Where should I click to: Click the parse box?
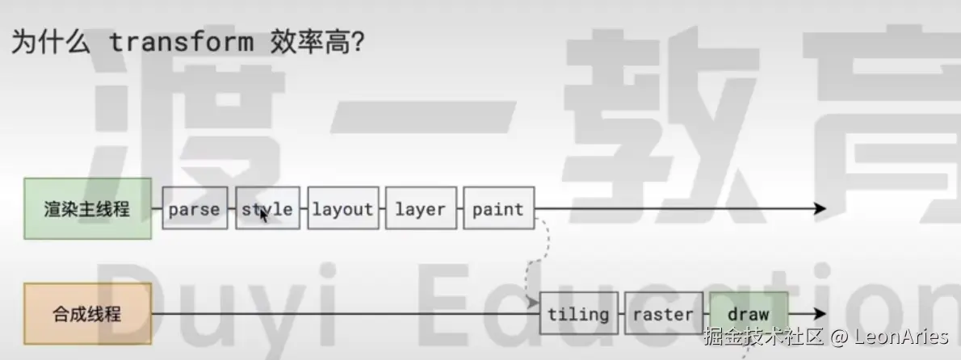(x=195, y=209)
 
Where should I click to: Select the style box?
(x=267, y=209)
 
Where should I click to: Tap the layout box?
(x=342, y=209)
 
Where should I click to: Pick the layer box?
(x=421, y=209)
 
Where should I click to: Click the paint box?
(x=498, y=209)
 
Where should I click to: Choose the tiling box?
(x=578, y=313)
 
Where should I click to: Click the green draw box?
(x=748, y=313)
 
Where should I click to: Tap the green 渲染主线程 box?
(x=87, y=208)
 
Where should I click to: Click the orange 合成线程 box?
(x=87, y=312)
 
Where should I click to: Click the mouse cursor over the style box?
(x=263, y=216)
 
